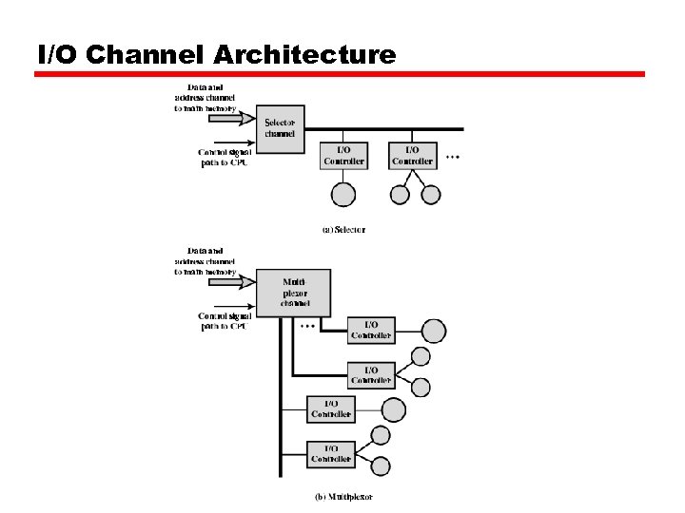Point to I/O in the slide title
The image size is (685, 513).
(56, 54)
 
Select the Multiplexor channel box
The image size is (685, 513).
(294, 293)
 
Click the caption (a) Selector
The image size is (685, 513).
(342, 229)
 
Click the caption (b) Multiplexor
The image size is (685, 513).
(343, 496)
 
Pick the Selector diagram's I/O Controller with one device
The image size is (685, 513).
(343, 155)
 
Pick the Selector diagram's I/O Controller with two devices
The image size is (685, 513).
(413, 155)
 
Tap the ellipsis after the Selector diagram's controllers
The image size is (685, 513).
(453, 157)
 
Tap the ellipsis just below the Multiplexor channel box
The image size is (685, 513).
(307, 326)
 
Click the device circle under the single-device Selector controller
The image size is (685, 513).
(342, 194)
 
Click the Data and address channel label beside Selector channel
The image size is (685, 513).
(205, 98)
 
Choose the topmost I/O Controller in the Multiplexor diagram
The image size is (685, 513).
(371, 330)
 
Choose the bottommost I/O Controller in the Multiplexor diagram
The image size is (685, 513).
(331, 454)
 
